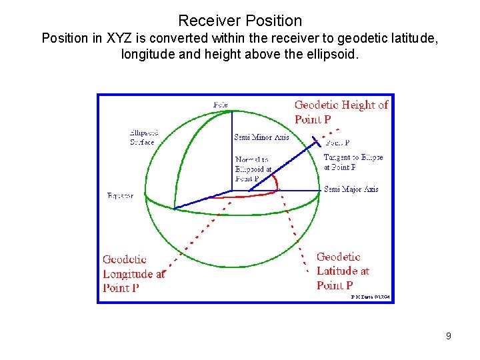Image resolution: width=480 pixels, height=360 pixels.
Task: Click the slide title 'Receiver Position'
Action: tap(240, 21)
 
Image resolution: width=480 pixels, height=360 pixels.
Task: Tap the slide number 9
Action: tap(449, 336)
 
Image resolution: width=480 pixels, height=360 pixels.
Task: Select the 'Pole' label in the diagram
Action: tap(220, 105)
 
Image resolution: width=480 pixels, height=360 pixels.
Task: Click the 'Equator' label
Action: tap(120, 196)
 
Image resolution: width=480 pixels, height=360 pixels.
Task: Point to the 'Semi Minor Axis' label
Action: tap(261, 137)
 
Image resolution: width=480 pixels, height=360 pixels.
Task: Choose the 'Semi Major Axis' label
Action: tap(351, 189)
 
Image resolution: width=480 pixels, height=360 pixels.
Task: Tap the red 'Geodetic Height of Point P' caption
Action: tap(341, 112)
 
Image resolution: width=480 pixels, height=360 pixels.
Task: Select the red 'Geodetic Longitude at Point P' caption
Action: tap(133, 273)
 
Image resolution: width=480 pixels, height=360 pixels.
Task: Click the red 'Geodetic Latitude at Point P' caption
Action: tap(342, 271)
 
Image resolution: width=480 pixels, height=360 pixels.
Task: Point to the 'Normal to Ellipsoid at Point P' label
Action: tap(253, 169)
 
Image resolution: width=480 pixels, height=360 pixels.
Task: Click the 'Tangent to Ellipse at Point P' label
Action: tap(353, 162)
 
